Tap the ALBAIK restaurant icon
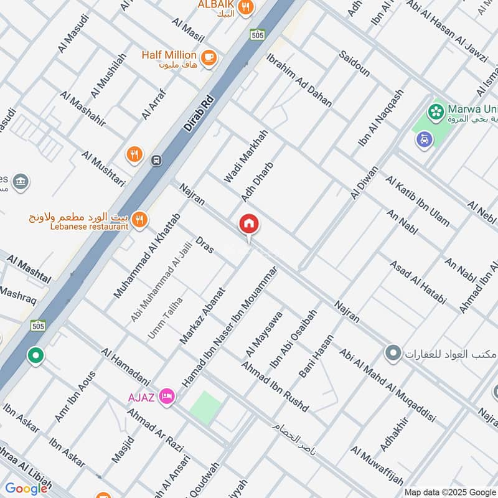[x=246, y=7]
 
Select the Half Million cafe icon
[x=209, y=55]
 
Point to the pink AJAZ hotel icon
[x=166, y=395]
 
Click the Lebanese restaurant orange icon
[x=141, y=219]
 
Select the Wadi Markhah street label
[x=246, y=156]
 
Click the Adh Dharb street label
[x=257, y=181]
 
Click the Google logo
[x=26, y=489]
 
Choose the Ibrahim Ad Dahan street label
[x=299, y=80]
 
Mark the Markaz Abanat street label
[x=202, y=316]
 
